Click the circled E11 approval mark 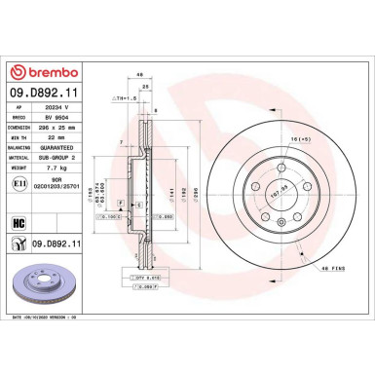[x=19, y=198]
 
